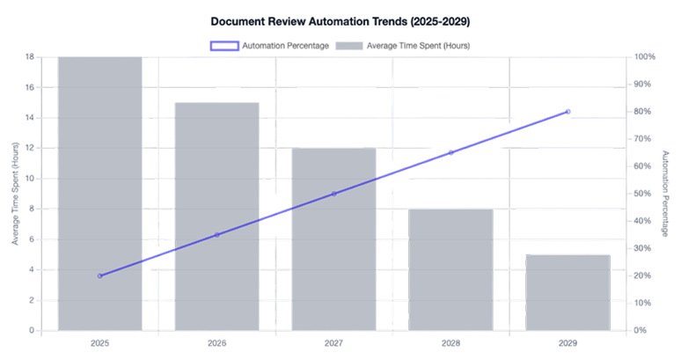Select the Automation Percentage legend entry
[269, 45]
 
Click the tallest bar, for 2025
[99, 194]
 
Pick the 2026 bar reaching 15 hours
[216, 216]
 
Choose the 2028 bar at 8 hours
[450, 269]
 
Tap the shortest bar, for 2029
[567, 292]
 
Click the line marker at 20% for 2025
[99, 276]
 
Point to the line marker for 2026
[216, 235]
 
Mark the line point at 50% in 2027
[333, 194]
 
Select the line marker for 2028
[450, 152]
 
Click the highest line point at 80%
[567, 112]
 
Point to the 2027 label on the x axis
[333, 342]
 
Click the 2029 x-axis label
[567, 342]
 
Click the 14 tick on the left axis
[30, 118]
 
